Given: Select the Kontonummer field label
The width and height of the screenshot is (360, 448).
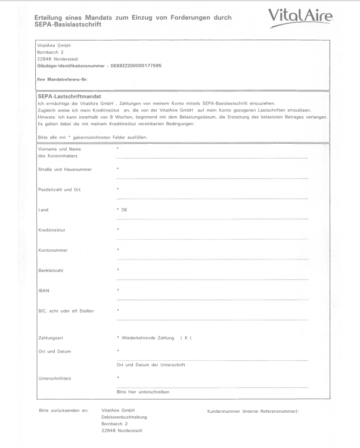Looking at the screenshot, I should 51,251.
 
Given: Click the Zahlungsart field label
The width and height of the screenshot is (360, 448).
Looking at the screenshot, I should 49,339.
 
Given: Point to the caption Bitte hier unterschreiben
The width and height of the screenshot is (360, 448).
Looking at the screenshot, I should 143,392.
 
